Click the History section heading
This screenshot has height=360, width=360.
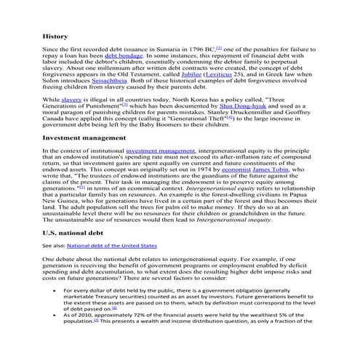point(55,36)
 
